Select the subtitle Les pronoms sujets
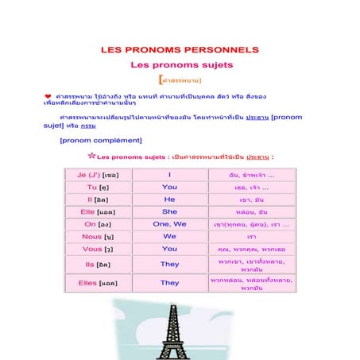[x=181, y=65]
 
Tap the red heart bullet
[x=48, y=95]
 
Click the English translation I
[x=169, y=175]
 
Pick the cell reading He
[x=169, y=199]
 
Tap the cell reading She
[x=169, y=212]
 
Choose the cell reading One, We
[x=169, y=224]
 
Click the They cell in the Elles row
[x=169, y=283]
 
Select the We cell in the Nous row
[x=169, y=237]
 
